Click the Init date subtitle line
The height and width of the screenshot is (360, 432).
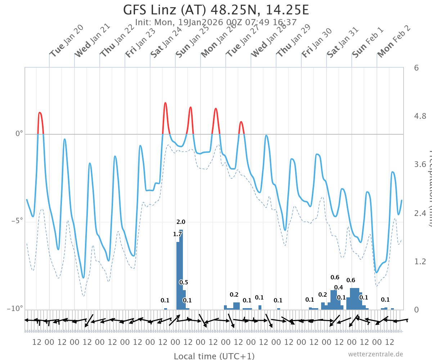tap(216, 22)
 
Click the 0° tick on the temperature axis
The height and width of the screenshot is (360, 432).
tap(18, 134)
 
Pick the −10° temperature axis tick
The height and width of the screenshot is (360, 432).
tap(15, 309)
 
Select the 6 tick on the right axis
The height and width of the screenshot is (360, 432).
tap(416, 68)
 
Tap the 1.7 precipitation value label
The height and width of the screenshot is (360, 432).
tap(177, 234)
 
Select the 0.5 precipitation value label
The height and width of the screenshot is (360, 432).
tap(184, 282)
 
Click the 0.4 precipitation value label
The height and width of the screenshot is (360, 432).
tap(338, 287)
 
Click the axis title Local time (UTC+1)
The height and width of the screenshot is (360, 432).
tap(214, 356)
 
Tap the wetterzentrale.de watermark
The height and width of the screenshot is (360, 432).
tap(375, 354)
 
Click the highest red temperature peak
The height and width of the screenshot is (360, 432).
tap(165, 103)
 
